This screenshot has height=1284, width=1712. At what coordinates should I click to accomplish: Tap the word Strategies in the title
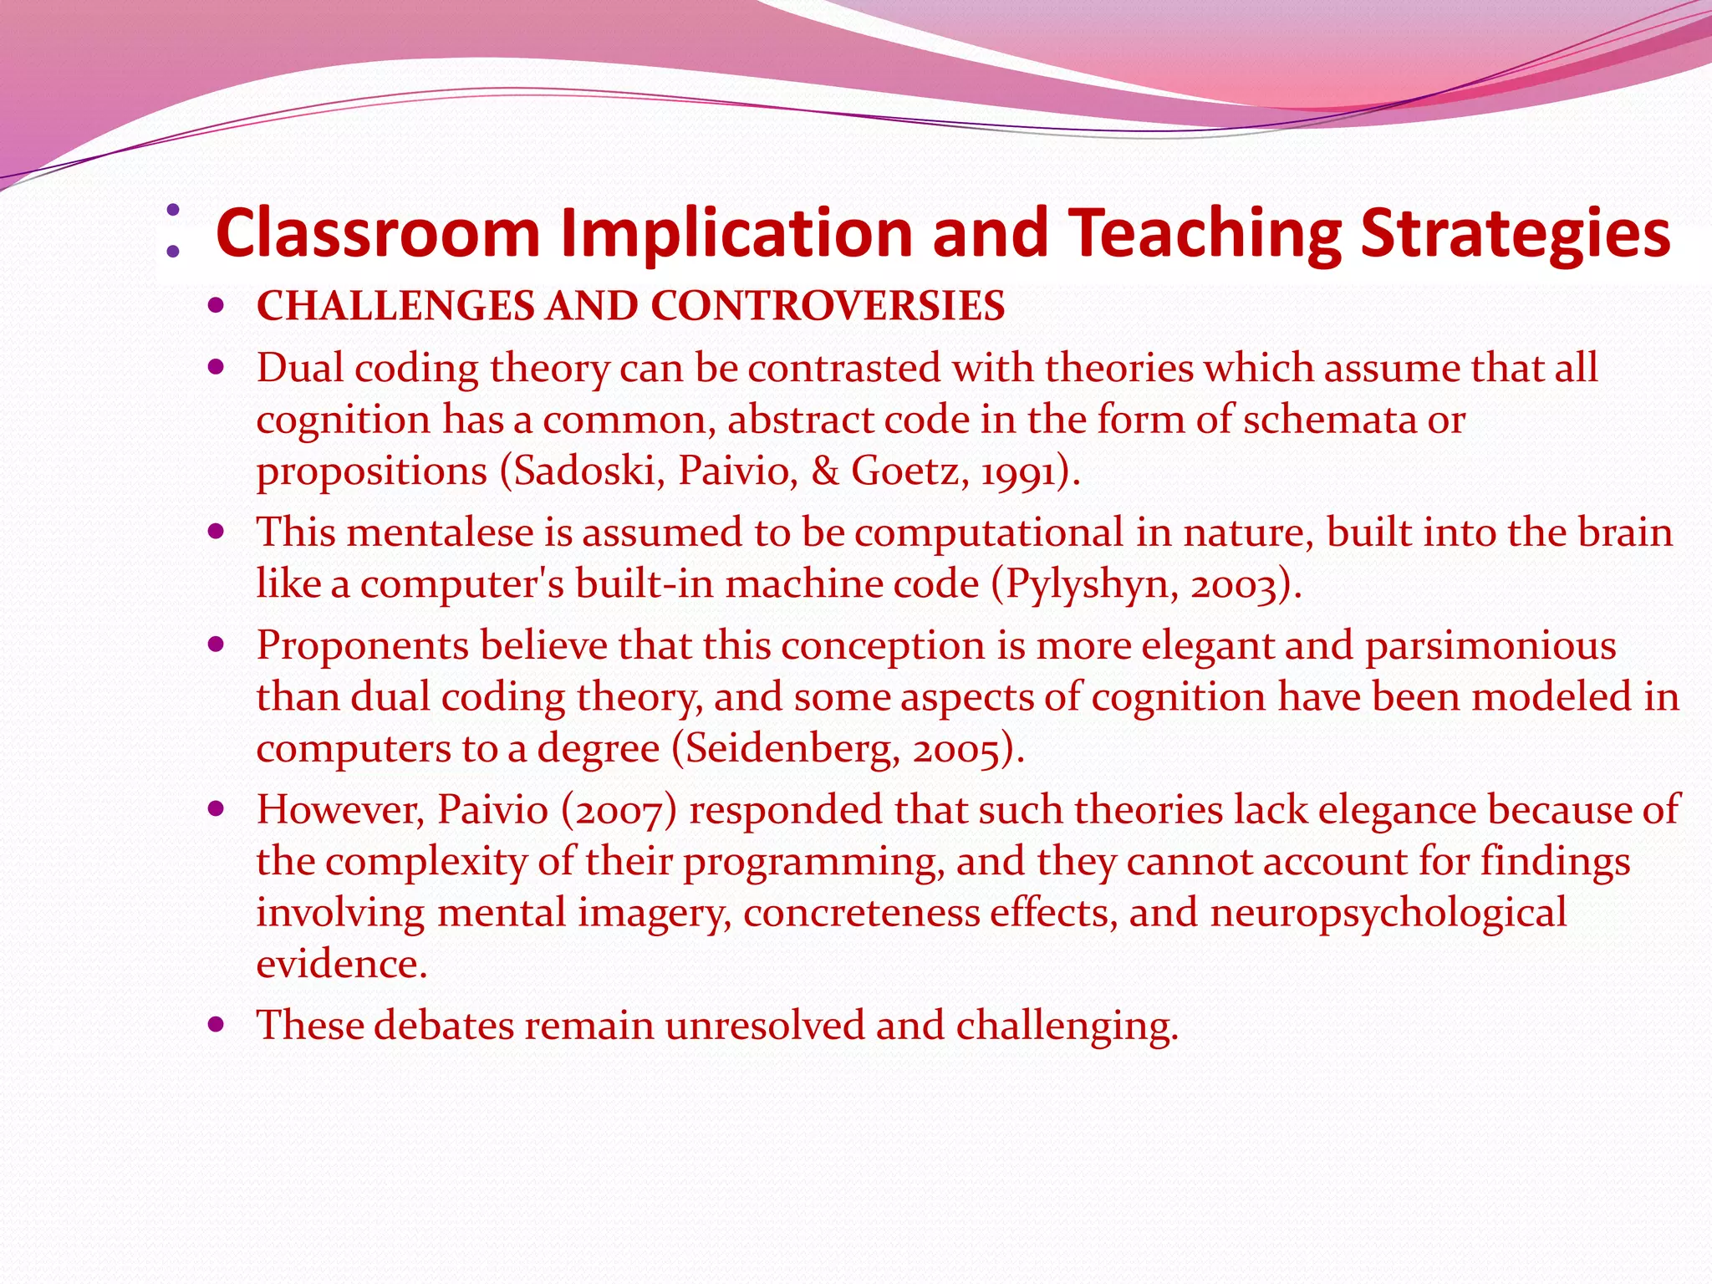[1515, 235]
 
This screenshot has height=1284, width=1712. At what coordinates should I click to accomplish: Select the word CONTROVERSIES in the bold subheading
[828, 306]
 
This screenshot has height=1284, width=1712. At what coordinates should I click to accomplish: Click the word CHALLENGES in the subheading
[395, 306]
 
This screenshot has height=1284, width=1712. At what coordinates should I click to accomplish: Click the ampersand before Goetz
[825, 471]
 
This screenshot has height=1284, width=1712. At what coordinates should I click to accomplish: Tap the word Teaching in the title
[1205, 235]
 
